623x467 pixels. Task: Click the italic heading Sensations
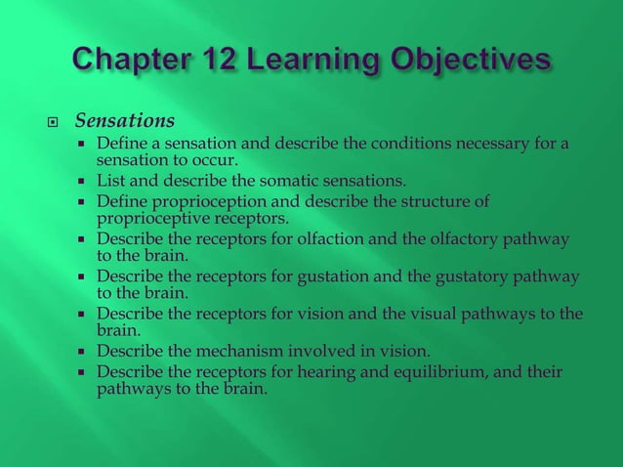pyautogui.click(x=125, y=121)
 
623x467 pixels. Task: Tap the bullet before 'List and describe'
pyautogui.click(x=84, y=181)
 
